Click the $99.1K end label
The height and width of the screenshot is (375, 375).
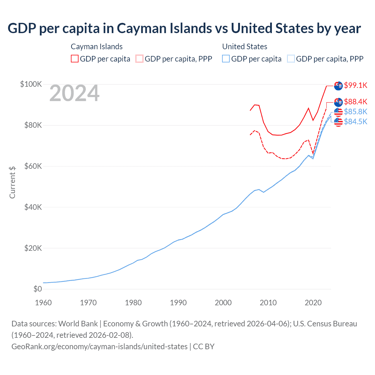[x=355, y=85]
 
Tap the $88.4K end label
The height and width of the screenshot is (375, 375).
[x=355, y=102]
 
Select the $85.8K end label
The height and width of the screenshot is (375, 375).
[x=355, y=112]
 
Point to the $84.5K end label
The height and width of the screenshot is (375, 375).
[x=355, y=122]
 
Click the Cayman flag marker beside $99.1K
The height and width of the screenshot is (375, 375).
[x=338, y=86]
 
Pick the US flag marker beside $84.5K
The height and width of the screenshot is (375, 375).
[x=338, y=122]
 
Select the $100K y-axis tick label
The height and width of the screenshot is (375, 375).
[x=31, y=84]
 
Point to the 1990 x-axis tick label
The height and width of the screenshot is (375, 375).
[x=178, y=303]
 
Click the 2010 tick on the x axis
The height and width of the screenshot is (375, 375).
[x=268, y=303]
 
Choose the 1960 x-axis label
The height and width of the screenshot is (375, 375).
[x=43, y=303]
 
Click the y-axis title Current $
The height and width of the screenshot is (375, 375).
[x=12, y=182]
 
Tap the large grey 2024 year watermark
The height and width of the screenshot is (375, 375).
[x=74, y=93]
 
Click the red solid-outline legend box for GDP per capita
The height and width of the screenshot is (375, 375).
[x=75, y=59]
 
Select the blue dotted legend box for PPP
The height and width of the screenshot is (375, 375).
[x=291, y=59]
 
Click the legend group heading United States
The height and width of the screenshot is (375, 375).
[x=245, y=47]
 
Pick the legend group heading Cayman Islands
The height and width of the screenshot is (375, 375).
[x=97, y=47]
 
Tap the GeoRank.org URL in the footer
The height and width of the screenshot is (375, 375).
[x=99, y=347]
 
